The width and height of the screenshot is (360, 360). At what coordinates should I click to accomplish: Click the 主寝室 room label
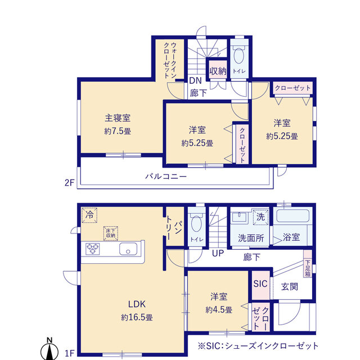coord(118,118)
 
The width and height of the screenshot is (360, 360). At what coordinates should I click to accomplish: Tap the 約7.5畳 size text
coord(118,131)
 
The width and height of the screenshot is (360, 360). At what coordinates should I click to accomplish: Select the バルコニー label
coord(166,176)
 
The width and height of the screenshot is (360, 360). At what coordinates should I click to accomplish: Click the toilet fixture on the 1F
coord(196,224)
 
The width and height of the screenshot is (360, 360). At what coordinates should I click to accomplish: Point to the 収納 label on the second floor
coord(217,71)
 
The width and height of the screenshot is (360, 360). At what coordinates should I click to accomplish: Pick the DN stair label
coord(195,80)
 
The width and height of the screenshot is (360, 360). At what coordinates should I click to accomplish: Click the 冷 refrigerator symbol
coord(89,214)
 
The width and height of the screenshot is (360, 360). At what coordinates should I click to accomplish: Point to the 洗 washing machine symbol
coord(260,215)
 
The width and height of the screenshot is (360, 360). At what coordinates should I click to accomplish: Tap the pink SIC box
coord(260,283)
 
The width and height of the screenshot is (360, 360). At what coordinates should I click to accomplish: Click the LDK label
coord(137,304)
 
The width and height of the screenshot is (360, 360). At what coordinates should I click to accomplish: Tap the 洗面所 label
coord(250,238)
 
